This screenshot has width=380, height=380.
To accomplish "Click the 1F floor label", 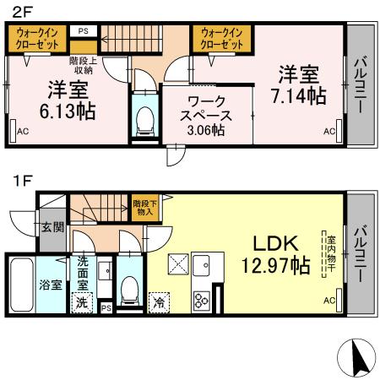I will point(19,180).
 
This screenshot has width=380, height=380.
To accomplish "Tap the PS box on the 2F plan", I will point(83,31).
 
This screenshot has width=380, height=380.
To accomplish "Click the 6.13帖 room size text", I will point(67,100).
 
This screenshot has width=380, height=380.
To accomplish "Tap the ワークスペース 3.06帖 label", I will point(205,116).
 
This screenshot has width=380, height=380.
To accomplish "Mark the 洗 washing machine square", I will point(82,301).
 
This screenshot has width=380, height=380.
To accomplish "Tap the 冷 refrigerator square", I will point(159,301).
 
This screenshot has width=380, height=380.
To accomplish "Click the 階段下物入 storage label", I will point(142,207).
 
